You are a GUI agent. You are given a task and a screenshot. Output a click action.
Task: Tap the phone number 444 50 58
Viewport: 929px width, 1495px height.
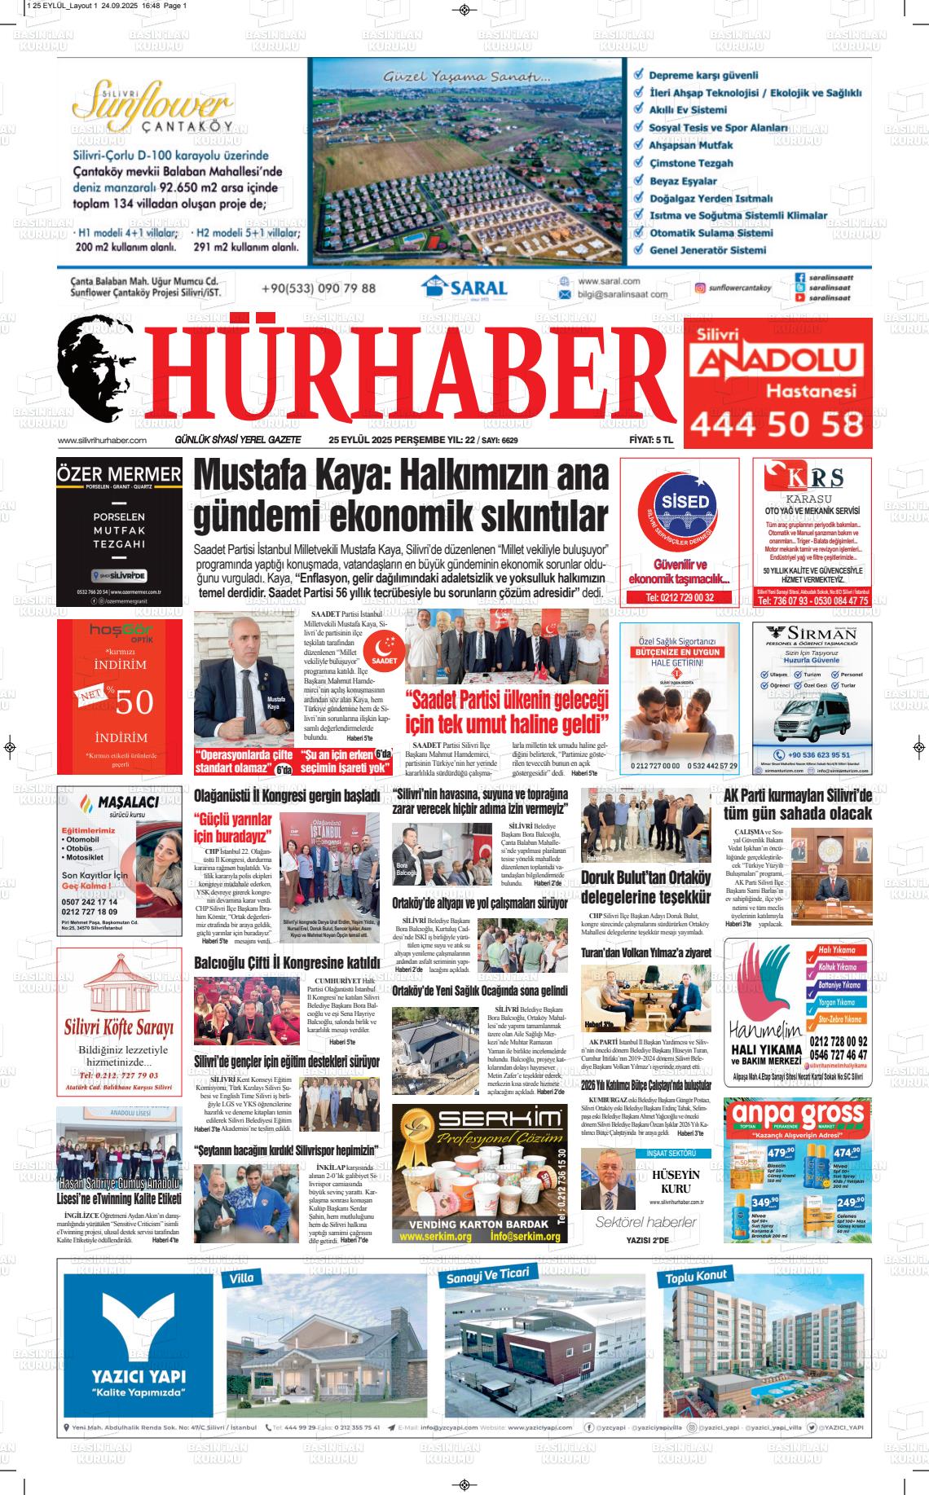coord(776,424)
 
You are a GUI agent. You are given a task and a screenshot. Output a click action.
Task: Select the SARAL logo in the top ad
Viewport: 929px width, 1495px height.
coord(464,288)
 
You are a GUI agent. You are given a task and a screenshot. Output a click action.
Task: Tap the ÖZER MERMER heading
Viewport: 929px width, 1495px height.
coord(119,474)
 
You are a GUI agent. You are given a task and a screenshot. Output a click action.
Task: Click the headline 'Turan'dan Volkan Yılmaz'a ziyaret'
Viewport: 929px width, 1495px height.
coord(645,952)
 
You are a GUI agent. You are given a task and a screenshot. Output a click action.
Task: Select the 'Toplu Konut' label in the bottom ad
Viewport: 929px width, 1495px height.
coord(697,1277)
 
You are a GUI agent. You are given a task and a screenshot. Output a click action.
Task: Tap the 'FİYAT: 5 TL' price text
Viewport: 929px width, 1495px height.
coord(651,441)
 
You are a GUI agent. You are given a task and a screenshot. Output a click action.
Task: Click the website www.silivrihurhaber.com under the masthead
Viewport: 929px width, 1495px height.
coord(102,441)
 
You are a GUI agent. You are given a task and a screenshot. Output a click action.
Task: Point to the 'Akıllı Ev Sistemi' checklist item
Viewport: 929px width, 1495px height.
coord(687,110)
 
